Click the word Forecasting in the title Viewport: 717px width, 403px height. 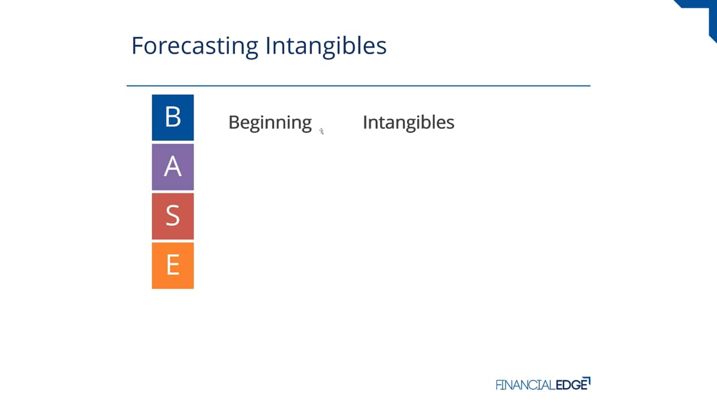(x=195, y=47)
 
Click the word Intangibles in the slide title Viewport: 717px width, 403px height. (x=326, y=47)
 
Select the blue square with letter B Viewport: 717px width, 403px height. (x=173, y=118)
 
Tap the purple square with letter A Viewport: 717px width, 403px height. (x=173, y=167)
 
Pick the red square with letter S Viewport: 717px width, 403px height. (x=173, y=216)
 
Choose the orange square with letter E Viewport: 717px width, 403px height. (x=173, y=266)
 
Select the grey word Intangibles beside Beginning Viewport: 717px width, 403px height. (x=409, y=122)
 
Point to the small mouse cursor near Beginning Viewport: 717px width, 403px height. (x=321, y=131)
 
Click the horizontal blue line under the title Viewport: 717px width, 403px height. (x=358, y=86)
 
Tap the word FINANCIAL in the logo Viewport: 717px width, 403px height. (x=526, y=384)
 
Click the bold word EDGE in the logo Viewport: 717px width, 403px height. (x=572, y=384)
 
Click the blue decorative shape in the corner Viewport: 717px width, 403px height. (x=704, y=13)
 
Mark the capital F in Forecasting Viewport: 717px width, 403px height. (x=137, y=46)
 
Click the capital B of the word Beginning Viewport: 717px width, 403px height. (x=235, y=122)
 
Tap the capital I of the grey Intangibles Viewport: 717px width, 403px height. (x=365, y=122)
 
